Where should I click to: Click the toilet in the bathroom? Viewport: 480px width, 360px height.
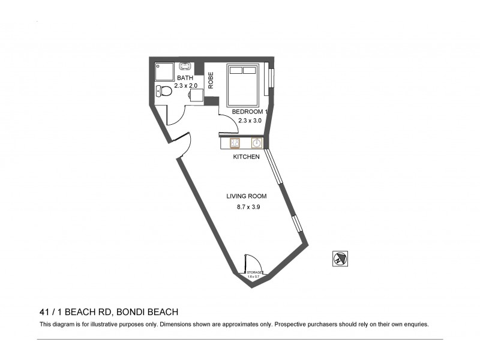(x=160, y=91)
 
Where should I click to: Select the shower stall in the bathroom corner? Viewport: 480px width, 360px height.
(x=163, y=71)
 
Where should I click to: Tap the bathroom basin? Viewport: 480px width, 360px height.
(x=185, y=68)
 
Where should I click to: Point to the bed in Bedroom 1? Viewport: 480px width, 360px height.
(x=243, y=85)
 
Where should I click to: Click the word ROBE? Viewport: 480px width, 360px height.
(x=211, y=80)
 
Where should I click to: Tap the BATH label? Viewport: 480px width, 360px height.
(x=185, y=78)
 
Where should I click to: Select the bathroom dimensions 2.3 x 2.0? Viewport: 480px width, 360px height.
(x=185, y=86)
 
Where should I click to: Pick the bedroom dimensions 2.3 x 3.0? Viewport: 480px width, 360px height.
(x=250, y=121)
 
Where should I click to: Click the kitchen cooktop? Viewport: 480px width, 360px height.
(x=235, y=143)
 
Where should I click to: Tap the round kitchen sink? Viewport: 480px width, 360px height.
(x=256, y=143)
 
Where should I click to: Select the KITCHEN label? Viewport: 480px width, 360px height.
(x=246, y=157)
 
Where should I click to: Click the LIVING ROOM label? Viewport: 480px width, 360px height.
(x=246, y=196)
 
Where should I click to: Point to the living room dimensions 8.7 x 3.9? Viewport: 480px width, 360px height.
(x=248, y=207)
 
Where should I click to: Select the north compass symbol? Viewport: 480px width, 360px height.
(x=340, y=259)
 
